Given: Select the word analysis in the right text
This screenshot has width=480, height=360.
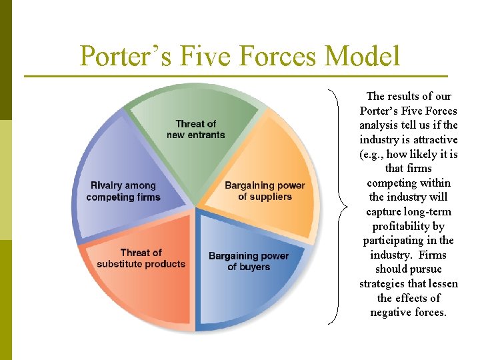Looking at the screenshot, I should (379, 125).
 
